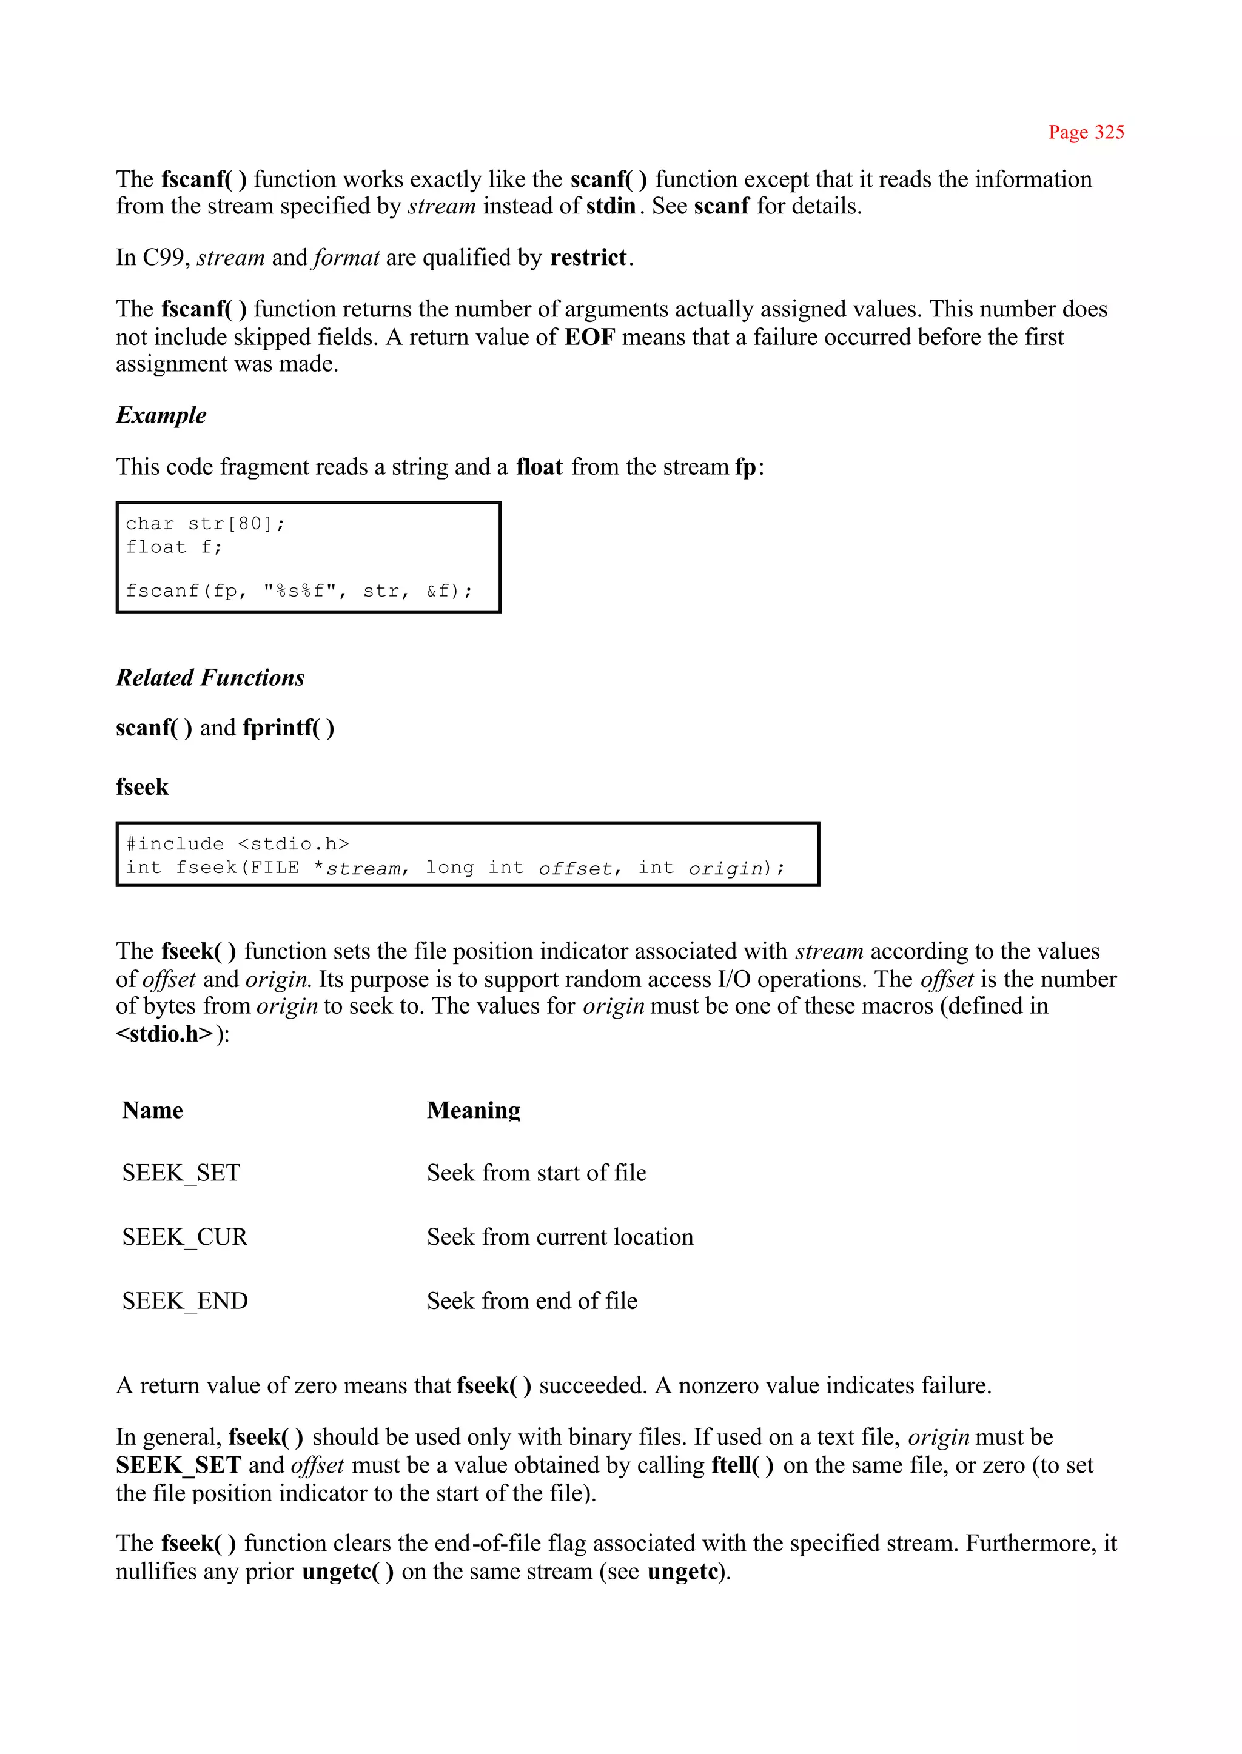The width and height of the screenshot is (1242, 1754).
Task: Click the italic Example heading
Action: [161, 415]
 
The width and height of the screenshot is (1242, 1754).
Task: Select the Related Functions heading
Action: [210, 677]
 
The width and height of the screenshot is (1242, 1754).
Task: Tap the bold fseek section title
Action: [143, 787]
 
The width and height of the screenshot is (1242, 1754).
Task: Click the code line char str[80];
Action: [205, 524]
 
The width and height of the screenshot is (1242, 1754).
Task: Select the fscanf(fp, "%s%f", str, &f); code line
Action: [299, 591]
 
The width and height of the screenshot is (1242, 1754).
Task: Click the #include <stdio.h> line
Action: [238, 844]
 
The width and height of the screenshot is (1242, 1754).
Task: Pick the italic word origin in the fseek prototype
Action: [726, 869]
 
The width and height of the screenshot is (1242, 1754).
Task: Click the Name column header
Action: [152, 1110]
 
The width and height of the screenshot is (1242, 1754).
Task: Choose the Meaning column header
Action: [474, 1110]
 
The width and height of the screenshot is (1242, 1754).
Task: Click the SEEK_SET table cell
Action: [181, 1173]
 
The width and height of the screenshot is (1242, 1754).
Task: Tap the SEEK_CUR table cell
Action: [185, 1237]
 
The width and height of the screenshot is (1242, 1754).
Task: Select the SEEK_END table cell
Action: [185, 1301]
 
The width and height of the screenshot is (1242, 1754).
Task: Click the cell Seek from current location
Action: [560, 1237]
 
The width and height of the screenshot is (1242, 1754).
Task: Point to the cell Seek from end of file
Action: [532, 1301]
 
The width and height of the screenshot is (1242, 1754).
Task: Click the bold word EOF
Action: [589, 337]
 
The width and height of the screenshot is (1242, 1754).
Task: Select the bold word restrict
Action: [588, 258]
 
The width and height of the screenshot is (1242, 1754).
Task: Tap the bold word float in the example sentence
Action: [539, 467]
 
